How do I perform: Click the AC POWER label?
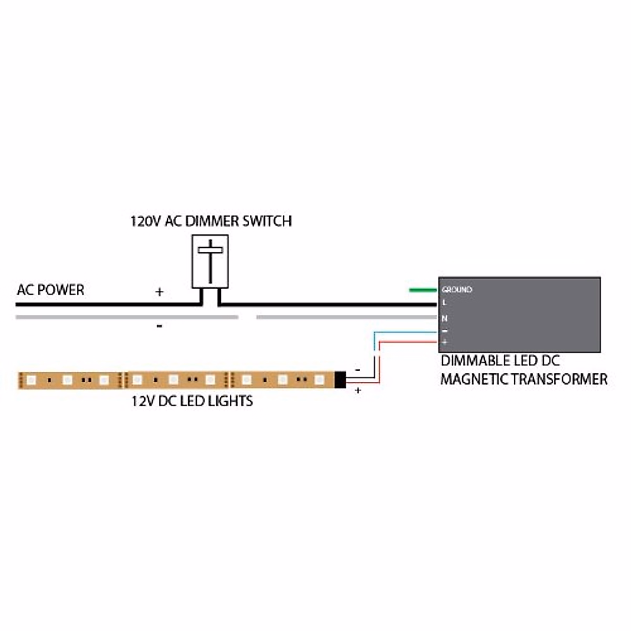[50, 290]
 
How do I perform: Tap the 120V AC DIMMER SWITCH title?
[211, 221]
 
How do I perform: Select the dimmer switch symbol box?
[210, 261]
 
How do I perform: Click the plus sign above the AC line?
[159, 292]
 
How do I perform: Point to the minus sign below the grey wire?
[159, 327]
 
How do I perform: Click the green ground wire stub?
[422, 289]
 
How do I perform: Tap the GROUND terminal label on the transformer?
[456, 290]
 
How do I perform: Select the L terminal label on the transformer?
[444, 303]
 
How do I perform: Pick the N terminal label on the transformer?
[444, 319]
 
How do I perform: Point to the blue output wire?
[405, 332]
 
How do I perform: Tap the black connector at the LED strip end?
[340, 380]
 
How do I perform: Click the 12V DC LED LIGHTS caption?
[192, 401]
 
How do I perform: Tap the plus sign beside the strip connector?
[358, 391]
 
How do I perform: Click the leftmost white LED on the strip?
[31, 379]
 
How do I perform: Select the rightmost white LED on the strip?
[319, 379]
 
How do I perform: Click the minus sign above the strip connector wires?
[358, 370]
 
